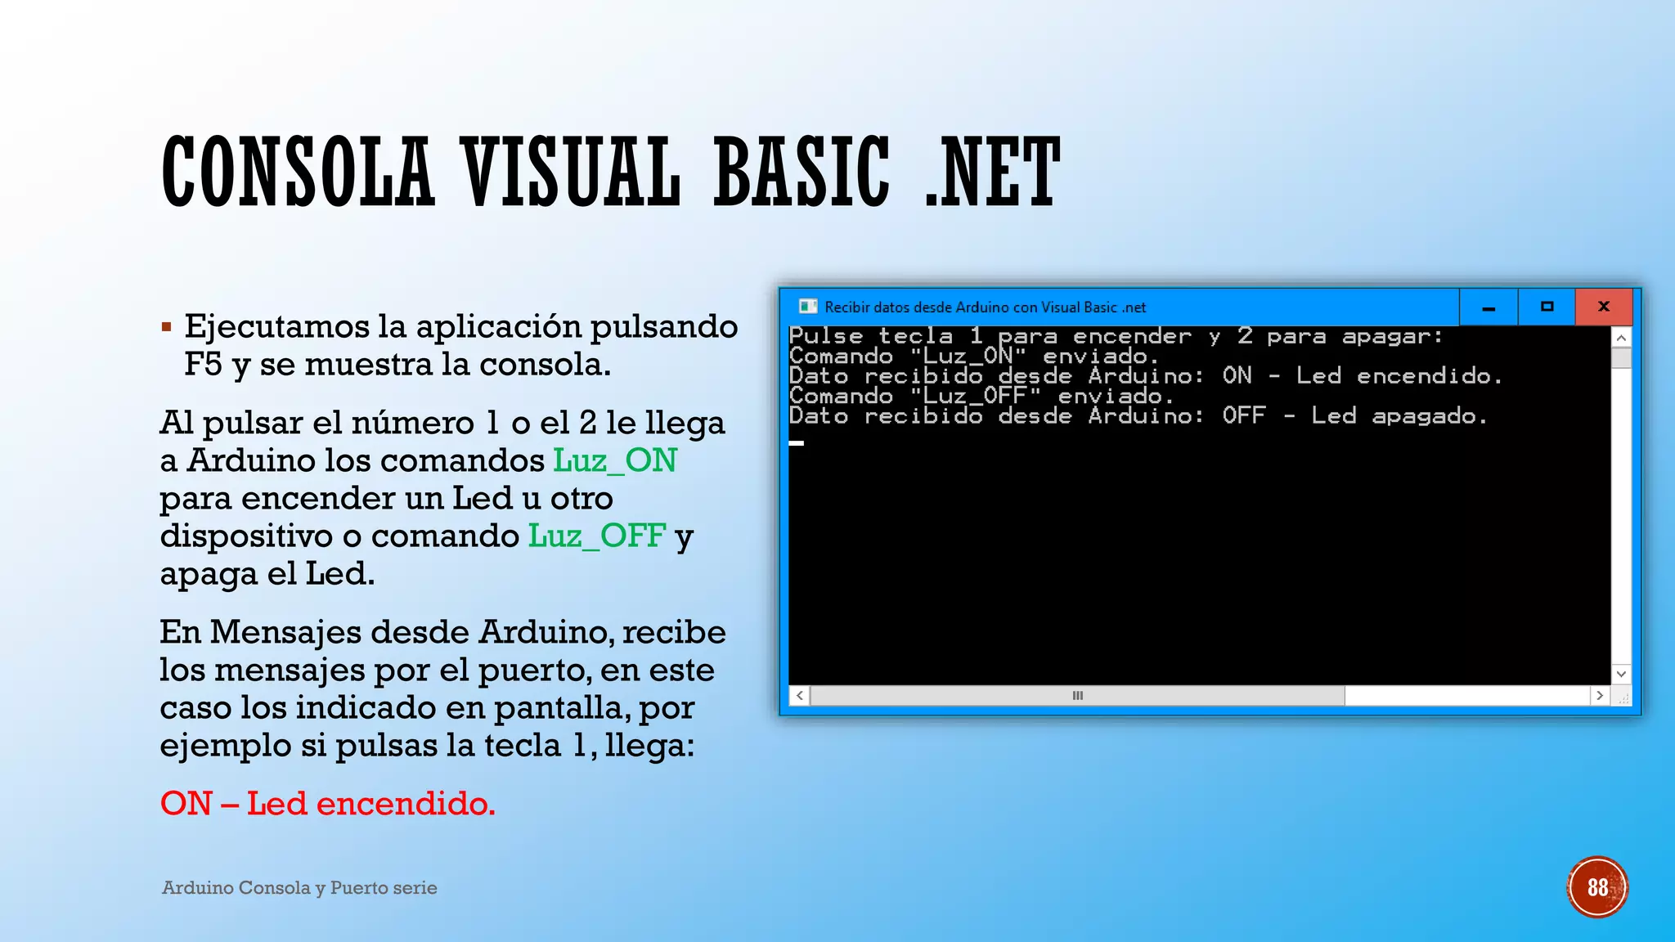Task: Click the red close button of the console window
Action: pos(1603,307)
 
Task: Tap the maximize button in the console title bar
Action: pos(1547,307)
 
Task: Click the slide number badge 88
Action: pos(1597,887)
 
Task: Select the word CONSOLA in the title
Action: pos(297,173)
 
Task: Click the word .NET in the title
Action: pos(992,173)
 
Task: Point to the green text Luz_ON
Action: pos(615,460)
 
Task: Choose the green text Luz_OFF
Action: pos(597,536)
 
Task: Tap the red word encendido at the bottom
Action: pos(406,804)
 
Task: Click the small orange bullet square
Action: pos(167,328)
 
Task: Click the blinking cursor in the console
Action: pos(797,442)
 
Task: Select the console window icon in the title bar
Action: pos(808,307)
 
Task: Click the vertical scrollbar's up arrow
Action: pos(1621,338)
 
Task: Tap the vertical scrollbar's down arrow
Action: pos(1621,674)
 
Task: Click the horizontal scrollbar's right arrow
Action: pos(1600,695)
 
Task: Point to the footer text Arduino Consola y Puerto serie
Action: pos(299,888)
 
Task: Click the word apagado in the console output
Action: pos(1428,416)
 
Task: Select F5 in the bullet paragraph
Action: pos(203,365)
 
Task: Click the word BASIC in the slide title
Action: pos(802,173)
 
